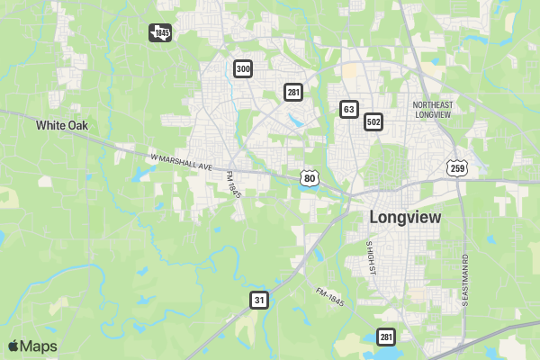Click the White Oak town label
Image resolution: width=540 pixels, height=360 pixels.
coord(62,126)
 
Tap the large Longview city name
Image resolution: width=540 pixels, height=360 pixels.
coord(405,218)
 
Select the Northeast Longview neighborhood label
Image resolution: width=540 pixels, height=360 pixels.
coord(431,110)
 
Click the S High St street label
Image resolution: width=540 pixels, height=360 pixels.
coord(369,258)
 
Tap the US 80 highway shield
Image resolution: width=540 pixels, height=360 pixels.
coord(310,177)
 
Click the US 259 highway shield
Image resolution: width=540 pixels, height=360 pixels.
coord(457,167)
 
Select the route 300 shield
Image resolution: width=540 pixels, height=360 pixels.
coord(242,68)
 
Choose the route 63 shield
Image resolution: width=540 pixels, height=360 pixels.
coord(348,109)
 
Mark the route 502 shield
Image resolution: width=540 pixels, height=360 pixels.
coord(373,121)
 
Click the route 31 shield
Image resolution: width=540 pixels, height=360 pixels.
coord(259,300)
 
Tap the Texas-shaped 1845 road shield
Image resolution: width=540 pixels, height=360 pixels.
coord(160,33)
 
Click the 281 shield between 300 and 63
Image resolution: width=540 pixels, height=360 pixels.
coord(292,92)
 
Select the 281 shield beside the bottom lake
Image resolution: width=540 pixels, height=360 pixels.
coord(386,337)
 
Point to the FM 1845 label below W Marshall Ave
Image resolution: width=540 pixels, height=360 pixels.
coord(235,185)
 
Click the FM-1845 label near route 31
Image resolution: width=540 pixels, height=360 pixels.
coord(332,295)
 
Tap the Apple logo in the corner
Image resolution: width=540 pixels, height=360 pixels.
coord(13,346)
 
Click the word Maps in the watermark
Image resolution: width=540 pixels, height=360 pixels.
coord(39,346)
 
